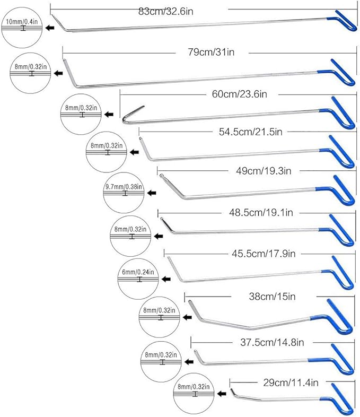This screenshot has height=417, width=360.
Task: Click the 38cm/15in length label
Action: (268, 297)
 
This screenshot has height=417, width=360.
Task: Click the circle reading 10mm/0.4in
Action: (22, 28)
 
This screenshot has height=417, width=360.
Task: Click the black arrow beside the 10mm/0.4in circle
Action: (50, 28)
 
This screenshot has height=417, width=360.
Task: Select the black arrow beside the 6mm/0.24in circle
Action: (166, 279)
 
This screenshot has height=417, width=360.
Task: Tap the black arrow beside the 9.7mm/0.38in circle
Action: (153, 193)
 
